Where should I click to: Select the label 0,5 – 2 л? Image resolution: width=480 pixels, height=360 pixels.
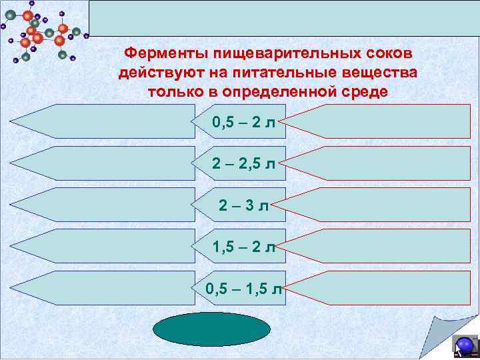tap(244, 122)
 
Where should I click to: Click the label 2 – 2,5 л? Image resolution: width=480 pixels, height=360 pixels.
tap(244, 163)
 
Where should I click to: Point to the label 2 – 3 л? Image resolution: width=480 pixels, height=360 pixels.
tap(244, 205)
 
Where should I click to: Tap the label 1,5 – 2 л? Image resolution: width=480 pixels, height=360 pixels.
tap(244, 247)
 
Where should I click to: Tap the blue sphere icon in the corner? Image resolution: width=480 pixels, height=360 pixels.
tap(464, 346)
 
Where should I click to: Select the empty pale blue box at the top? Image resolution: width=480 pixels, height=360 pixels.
tap(283, 18)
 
